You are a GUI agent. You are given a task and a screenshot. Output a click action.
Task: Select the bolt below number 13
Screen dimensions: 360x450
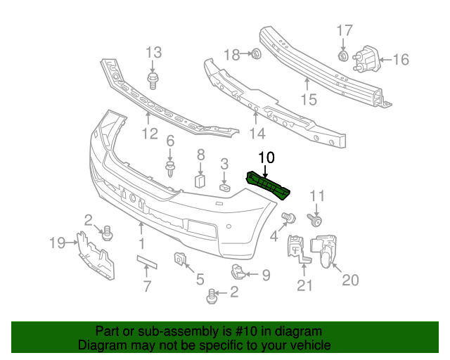click(153, 79)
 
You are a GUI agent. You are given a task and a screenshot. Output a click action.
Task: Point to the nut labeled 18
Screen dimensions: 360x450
click(255, 53)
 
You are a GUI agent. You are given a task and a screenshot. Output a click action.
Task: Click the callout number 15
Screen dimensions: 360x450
click(309, 100)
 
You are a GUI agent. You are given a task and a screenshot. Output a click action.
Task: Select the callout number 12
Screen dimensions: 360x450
click(149, 134)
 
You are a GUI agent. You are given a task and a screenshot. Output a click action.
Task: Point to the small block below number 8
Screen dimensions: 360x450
click(199, 181)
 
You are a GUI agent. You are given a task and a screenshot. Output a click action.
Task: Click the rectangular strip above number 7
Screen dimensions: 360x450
click(148, 262)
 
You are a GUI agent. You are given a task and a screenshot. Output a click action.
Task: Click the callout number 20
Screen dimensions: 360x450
click(349, 280)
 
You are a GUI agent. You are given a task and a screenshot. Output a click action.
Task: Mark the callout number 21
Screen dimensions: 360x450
click(304, 285)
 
